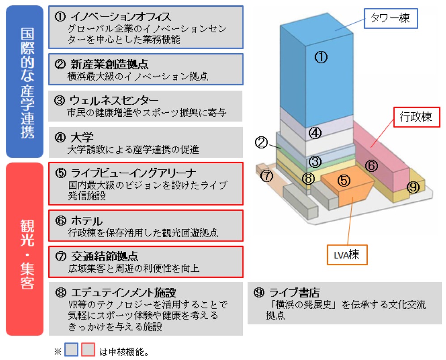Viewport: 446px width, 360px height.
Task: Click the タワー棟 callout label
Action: pyautogui.click(x=390, y=18)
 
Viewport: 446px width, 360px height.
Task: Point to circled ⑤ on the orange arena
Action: pyautogui.click(x=344, y=180)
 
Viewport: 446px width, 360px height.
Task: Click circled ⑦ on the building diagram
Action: pyautogui.click(x=267, y=176)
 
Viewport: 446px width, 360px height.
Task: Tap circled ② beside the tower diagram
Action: pyautogui.click(x=262, y=143)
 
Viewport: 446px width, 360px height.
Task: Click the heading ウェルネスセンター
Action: pyautogui.click(x=114, y=99)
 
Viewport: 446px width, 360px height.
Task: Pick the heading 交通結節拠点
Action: pyautogui.click(x=104, y=256)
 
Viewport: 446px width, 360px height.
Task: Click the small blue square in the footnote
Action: pyautogui.click(x=72, y=350)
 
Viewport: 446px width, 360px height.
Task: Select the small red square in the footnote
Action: pyautogui.click(x=88, y=350)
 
